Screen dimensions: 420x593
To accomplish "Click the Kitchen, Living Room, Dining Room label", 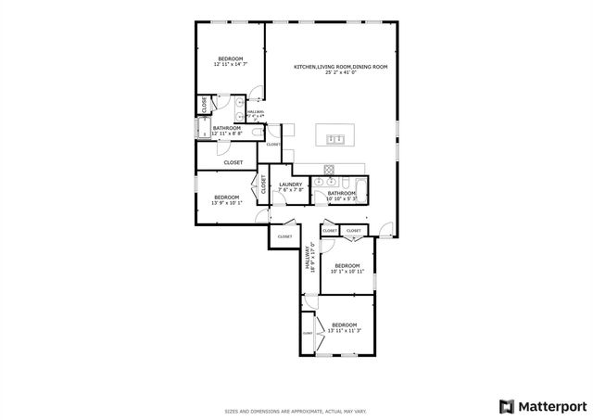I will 340,70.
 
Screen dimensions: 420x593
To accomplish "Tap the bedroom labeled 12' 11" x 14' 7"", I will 229,62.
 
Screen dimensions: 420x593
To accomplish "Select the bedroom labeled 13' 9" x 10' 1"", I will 227,200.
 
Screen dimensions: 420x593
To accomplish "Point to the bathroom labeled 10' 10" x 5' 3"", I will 342,196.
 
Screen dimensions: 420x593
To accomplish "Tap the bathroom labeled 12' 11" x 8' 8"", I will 226,131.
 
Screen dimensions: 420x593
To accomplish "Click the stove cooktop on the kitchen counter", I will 330,170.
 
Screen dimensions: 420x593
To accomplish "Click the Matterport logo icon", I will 505,406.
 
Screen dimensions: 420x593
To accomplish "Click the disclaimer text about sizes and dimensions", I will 296,411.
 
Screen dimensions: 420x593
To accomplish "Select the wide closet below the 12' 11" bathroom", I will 233,162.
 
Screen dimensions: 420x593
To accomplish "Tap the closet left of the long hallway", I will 284,237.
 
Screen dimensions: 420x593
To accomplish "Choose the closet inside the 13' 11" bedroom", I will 307,333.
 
